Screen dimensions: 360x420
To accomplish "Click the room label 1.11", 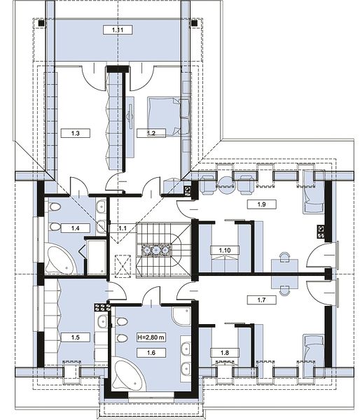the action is pos(118,30).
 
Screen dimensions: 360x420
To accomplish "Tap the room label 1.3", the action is pos(76,133).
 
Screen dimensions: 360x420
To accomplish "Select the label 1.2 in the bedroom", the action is pos(151,133).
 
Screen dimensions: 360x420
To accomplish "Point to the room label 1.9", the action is pos(261,204).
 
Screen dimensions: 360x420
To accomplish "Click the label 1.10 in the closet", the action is pos(225,251).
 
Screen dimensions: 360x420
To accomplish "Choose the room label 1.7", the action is pos(261,300).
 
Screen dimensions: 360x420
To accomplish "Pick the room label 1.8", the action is pos(225,353).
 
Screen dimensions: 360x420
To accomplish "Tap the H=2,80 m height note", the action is pos(151,337).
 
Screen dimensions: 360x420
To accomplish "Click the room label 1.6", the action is pos(151,353).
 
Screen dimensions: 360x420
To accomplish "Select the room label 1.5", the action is pos(76,337).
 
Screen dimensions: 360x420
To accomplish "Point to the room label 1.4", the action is pos(76,228).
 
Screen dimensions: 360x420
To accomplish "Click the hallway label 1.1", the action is pos(123,228).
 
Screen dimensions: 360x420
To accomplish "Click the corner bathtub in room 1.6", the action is pos(128,373).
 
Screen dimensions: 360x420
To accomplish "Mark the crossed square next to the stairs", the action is pos(123,267).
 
